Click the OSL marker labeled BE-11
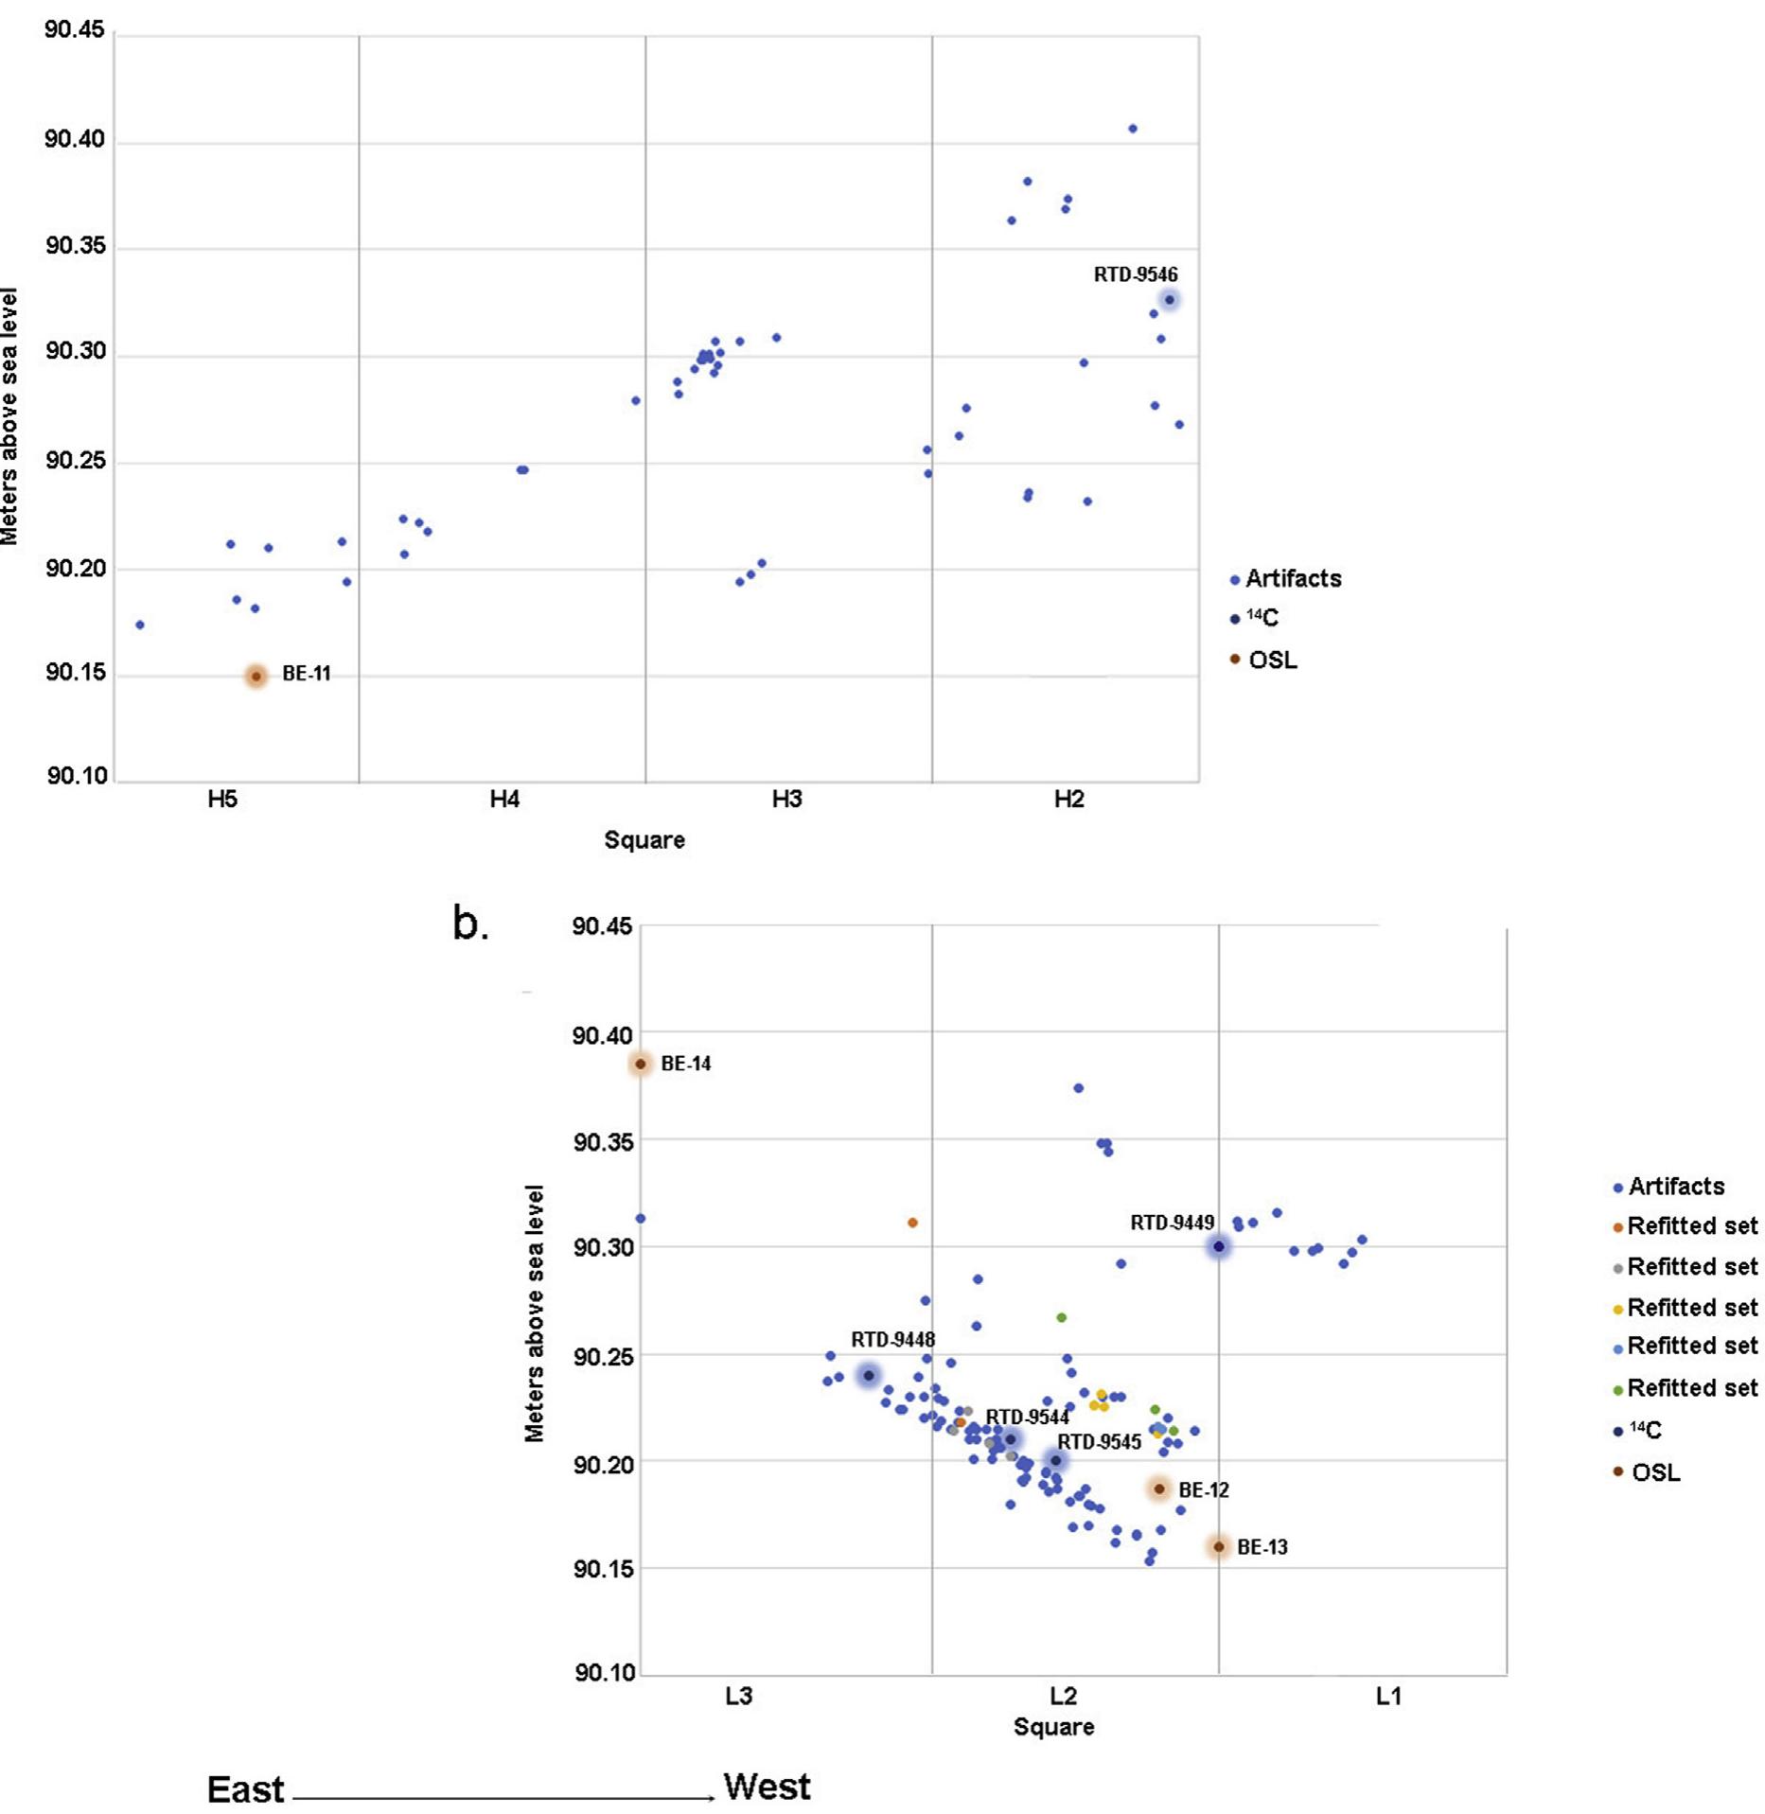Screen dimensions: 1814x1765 pyautogui.click(x=256, y=676)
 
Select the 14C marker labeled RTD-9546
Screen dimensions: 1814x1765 pyautogui.click(x=1170, y=300)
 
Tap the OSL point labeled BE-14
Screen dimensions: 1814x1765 pyautogui.click(x=641, y=1064)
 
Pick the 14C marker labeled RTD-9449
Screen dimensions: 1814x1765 pyautogui.click(x=1219, y=1246)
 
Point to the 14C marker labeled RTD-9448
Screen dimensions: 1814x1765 pyautogui.click(x=869, y=1375)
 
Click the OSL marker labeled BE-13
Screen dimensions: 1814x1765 pyautogui.click(x=1219, y=1546)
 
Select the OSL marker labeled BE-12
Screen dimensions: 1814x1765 pyautogui.click(x=1159, y=1488)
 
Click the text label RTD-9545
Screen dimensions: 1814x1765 pyautogui.click(x=1099, y=1442)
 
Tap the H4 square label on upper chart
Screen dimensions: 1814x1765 pyautogui.click(x=504, y=800)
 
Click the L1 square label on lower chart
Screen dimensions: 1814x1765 pyautogui.click(x=1388, y=1696)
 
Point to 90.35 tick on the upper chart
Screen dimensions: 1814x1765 pyautogui.click(x=76, y=248)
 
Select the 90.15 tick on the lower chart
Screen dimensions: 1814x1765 pyautogui.click(x=603, y=1568)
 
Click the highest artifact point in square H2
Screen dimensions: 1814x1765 pyautogui.click(x=1133, y=129)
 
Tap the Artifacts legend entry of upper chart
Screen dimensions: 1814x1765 pyautogui.click(x=1292, y=578)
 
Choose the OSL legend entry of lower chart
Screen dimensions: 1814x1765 pyautogui.click(x=1655, y=1472)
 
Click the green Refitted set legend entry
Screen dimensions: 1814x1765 pyautogui.click(x=1691, y=1388)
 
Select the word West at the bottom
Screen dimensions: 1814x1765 pyautogui.click(x=767, y=1787)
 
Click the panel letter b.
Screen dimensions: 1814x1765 pyautogui.click(x=470, y=924)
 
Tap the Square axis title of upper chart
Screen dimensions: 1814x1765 pyautogui.click(x=644, y=839)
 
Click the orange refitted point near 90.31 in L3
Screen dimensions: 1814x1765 pyautogui.click(x=912, y=1223)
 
